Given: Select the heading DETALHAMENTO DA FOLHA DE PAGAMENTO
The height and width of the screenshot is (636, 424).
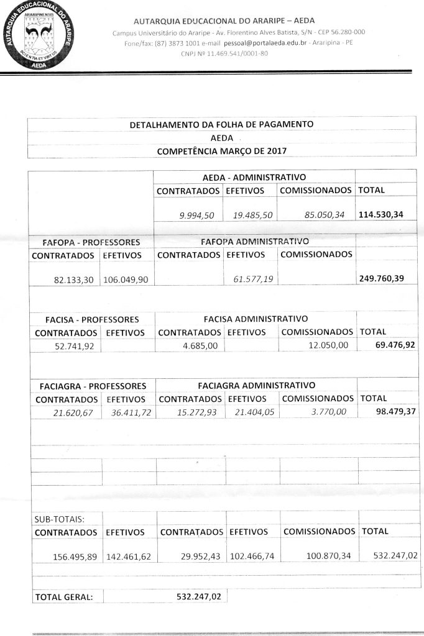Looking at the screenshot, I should [x=221, y=124].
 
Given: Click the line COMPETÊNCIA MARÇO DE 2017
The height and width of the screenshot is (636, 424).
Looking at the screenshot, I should [x=221, y=151].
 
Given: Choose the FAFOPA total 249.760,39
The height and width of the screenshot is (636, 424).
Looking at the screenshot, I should [x=382, y=278].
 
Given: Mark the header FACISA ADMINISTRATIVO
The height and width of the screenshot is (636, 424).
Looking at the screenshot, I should [x=256, y=319].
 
